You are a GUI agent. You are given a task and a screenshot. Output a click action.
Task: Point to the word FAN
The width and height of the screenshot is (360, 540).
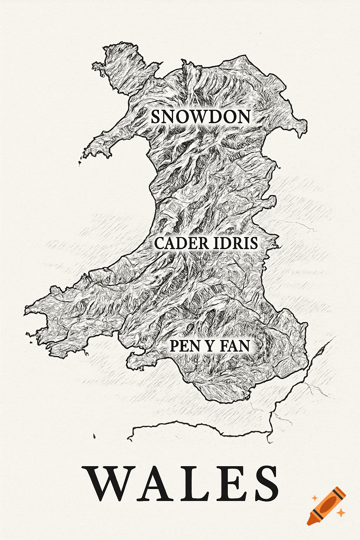point(234,346)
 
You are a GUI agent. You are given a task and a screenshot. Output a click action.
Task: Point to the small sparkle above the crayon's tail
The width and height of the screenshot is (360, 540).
point(314,497)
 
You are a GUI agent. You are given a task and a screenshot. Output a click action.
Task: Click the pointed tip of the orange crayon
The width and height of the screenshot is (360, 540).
point(309,523)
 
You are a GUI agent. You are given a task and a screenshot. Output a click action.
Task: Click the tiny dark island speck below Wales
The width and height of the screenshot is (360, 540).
point(94,436)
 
